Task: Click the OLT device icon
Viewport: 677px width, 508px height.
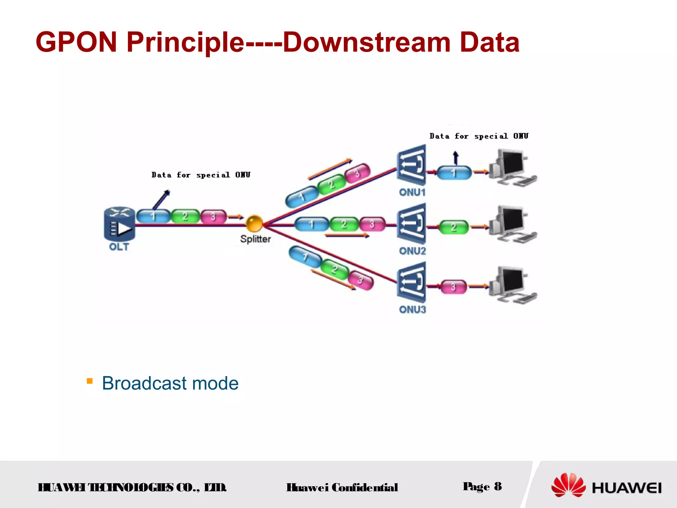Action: (x=119, y=224)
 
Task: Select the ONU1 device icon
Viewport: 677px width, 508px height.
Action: (x=412, y=165)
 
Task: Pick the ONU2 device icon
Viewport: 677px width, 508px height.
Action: (x=412, y=224)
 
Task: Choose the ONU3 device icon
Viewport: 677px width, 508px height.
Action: (x=412, y=282)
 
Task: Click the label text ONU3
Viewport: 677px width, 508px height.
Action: (x=412, y=310)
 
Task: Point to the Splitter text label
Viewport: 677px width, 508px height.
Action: (x=256, y=239)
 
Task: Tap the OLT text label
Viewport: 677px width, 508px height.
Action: (x=119, y=247)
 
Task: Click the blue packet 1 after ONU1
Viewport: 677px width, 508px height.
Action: (x=454, y=173)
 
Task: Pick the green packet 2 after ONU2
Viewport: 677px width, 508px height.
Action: (x=454, y=227)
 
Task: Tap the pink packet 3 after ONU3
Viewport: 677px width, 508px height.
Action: (x=453, y=287)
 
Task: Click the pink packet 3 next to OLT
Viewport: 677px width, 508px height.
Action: (x=214, y=217)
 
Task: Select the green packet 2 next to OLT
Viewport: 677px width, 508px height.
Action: (x=185, y=217)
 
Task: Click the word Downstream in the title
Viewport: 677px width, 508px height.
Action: (x=366, y=42)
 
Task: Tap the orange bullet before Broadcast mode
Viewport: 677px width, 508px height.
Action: (x=90, y=381)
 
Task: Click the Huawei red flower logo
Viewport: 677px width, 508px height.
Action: (x=568, y=485)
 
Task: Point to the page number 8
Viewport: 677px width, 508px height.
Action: (x=498, y=487)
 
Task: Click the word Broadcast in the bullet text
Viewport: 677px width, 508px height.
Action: (x=144, y=383)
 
